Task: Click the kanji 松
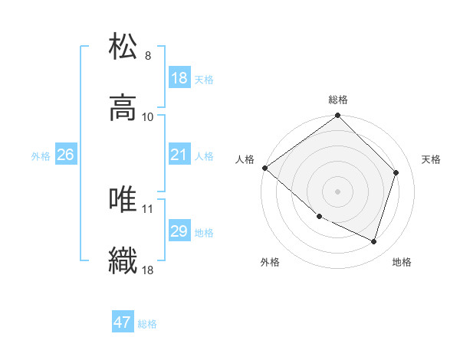[x=123, y=45]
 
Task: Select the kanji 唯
[x=123, y=199]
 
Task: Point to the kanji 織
[x=123, y=261]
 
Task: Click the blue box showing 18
[x=179, y=78]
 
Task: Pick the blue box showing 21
[x=179, y=155]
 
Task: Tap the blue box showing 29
[x=179, y=231]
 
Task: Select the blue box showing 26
[x=65, y=155]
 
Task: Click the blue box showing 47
[x=123, y=322]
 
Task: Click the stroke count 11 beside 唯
[x=148, y=208]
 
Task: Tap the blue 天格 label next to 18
[x=204, y=80]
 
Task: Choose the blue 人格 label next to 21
[x=204, y=156]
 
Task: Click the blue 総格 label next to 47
[x=147, y=324]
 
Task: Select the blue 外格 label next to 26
[x=41, y=156]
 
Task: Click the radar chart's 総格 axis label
[x=338, y=100]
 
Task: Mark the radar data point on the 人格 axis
[x=264, y=168]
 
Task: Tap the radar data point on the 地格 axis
[x=374, y=241]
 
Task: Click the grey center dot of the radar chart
[x=338, y=191]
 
